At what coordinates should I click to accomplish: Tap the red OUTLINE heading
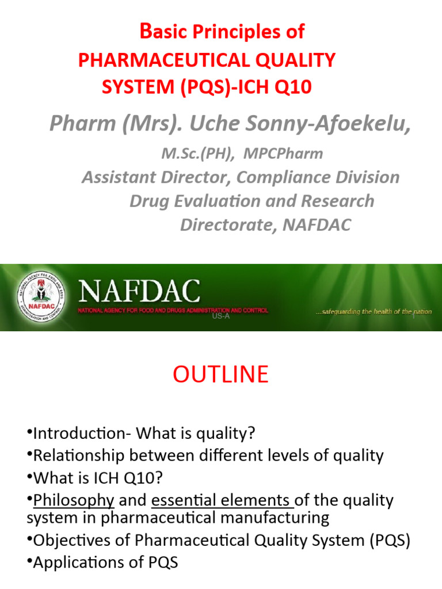[x=220, y=374]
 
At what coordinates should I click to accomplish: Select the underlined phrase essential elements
[x=223, y=500]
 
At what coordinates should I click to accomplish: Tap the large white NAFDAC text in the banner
[x=140, y=292]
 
